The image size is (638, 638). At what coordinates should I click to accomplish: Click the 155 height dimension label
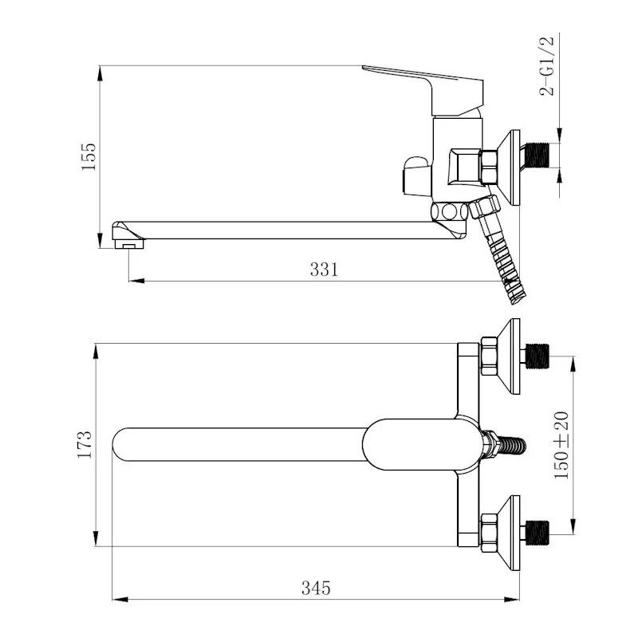click(89, 156)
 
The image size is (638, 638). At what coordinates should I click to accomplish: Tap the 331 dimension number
click(324, 270)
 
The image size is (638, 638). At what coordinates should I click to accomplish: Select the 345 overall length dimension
click(316, 588)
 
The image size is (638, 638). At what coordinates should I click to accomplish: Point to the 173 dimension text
click(85, 444)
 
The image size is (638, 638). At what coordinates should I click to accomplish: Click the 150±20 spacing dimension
click(561, 445)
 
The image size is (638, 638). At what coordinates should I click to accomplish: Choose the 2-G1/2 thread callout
click(547, 66)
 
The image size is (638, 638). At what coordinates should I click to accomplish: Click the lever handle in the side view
click(423, 90)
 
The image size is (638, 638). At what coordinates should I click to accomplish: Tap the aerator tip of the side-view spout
click(128, 244)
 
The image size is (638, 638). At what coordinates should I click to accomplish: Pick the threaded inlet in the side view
click(534, 155)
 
